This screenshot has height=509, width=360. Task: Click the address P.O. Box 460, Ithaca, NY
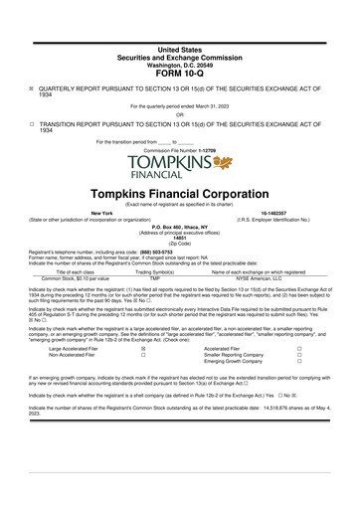[x=180, y=227]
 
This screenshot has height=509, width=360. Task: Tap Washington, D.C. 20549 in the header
[x=180, y=62]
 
